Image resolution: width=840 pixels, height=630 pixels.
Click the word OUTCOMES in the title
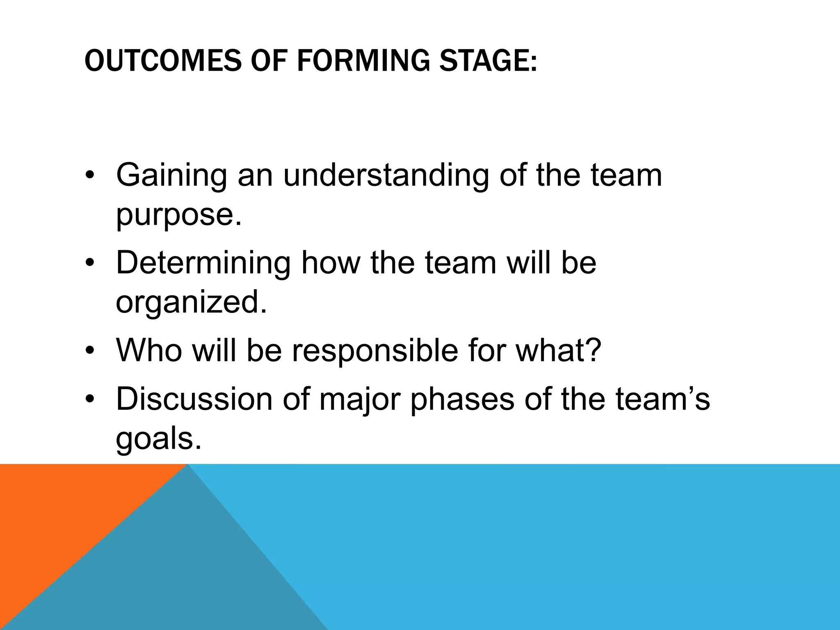163,60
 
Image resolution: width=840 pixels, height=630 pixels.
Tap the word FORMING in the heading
363,60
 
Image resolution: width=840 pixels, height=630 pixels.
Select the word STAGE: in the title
488,60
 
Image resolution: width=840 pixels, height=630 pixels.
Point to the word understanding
386,176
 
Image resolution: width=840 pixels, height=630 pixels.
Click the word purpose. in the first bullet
179,214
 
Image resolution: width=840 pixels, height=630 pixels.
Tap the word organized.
191,302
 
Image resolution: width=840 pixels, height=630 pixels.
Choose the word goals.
159,439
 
